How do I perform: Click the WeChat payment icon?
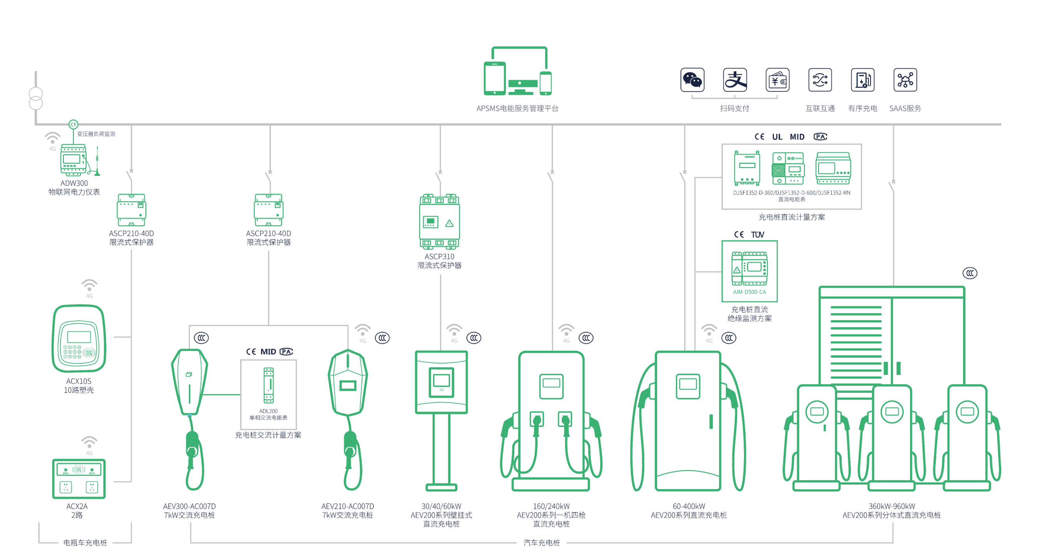(692, 80)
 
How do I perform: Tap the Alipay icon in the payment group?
(735, 80)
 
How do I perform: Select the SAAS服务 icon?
(905, 80)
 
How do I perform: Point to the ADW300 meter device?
(73, 160)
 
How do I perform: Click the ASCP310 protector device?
(440, 222)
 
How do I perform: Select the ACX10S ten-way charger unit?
(79, 338)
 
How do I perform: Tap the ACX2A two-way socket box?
(79, 479)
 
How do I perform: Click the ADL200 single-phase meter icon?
(269, 385)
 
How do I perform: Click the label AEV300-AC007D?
(190, 506)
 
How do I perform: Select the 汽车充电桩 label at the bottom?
(542, 543)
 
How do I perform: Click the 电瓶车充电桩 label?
(85, 543)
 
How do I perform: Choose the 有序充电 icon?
(862, 80)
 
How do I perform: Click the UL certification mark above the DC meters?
(777, 137)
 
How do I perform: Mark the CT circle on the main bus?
(73, 124)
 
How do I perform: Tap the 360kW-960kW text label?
(892, 506)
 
